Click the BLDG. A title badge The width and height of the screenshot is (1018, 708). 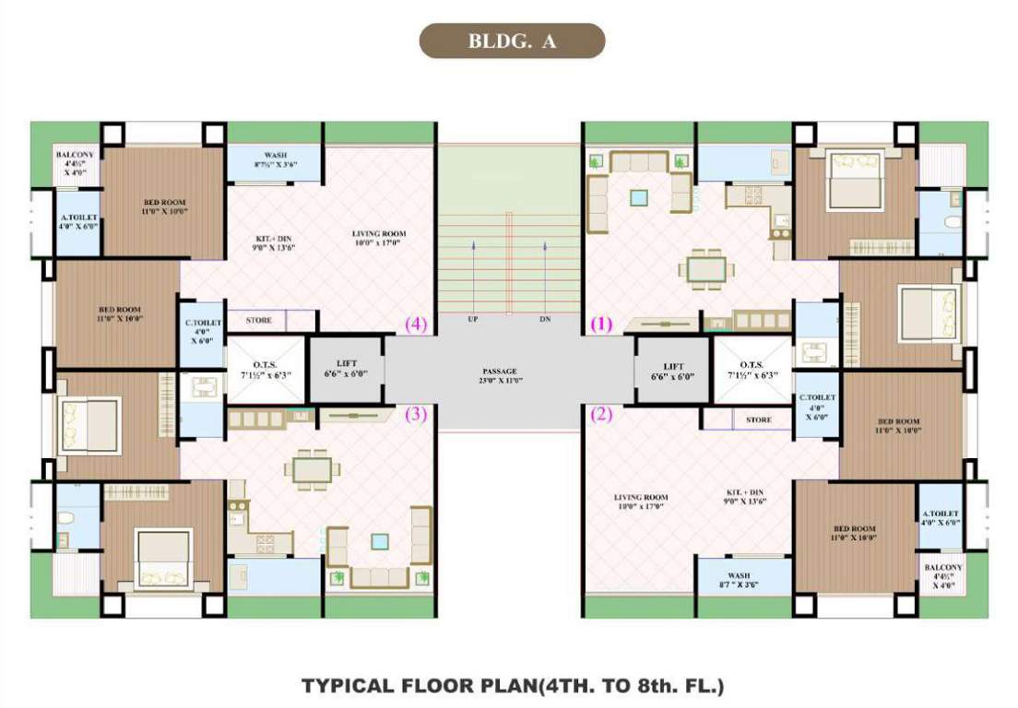point(512,41)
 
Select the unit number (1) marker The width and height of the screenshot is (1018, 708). point(601,324)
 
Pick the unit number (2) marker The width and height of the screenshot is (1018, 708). point(601,414)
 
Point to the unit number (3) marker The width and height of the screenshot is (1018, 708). point(416,414)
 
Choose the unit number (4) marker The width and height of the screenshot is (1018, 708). point(416,324)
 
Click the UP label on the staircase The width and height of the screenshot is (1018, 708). point(472,319)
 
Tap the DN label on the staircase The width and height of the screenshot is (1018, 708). point(545,319)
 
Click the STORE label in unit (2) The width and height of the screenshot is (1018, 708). point(758,419)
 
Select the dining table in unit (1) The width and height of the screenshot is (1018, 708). point(707,268)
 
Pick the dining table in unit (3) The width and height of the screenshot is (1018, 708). point(312,469)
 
